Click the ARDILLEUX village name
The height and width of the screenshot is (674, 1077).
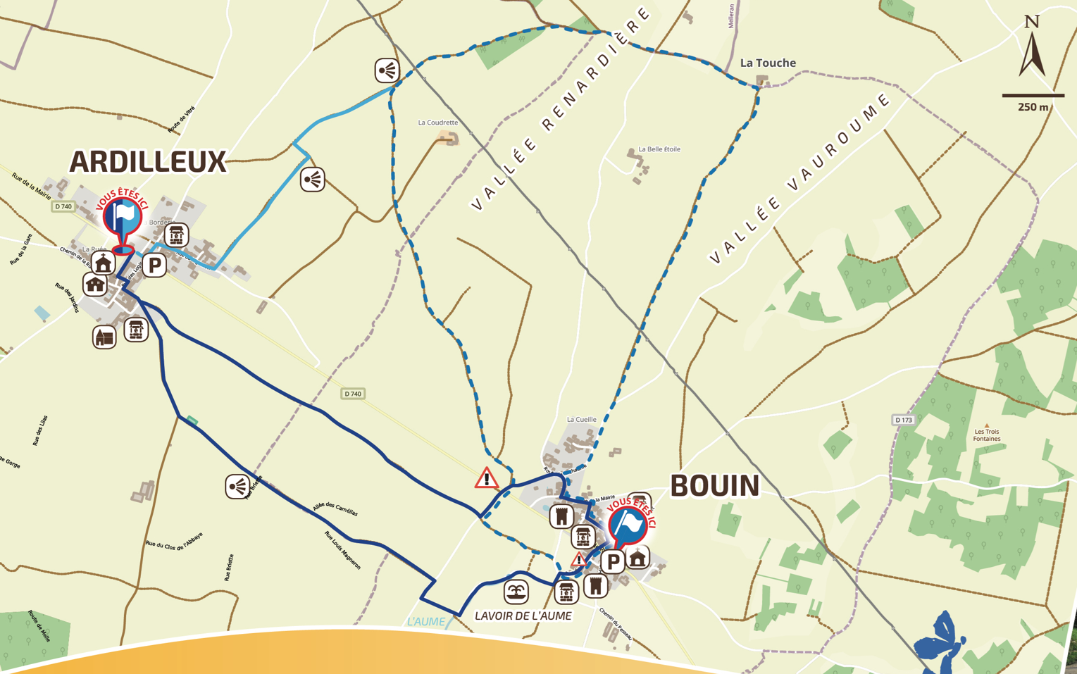click(x=148, y=162)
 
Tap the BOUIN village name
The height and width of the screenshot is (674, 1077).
click(x=714, y=486)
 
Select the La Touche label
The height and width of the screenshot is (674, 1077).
click(x=768, y=63)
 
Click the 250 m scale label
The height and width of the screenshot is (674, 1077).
click(x=1033, y=107)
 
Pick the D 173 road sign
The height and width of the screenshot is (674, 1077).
click(x=904, y=420)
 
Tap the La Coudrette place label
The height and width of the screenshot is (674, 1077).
click(x=438, y=123)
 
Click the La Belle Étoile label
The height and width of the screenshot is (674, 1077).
click(x=659, y=149)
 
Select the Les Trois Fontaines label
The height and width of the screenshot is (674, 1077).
click(x=987, y=435)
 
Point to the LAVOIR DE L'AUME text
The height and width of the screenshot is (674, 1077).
click(x=523, y=616)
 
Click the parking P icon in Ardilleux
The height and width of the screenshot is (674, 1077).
click(x=155, y=266)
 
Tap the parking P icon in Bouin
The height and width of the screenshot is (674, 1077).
click(x=613, y=561)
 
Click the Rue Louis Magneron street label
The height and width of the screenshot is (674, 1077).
click(x=343, y=550)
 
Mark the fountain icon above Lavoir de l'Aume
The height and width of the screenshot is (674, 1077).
click(x=516, y=592)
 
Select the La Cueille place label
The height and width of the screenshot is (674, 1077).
click(x=581, y=420)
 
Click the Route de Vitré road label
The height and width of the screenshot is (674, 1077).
click(x=181, y=120)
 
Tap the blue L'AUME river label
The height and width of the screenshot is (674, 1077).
click(x=426, y=622)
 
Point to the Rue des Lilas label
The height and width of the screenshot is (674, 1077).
click(x=40, y=430)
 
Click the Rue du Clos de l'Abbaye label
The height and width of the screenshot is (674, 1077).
click(x=174, y=540)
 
